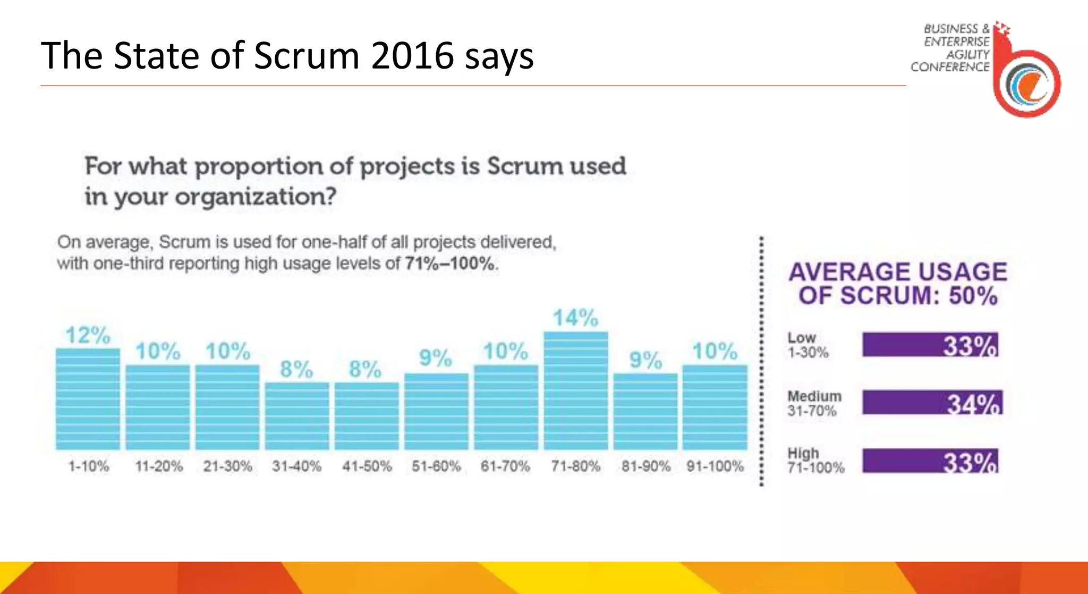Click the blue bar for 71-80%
point(576,391)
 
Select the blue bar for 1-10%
point(88,399)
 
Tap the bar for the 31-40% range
point(297,416)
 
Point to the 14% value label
point(575,318)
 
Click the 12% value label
point(88,335)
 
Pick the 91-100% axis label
point(715,466)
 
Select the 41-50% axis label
point(367,466)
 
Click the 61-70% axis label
point(505,466)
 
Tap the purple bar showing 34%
point(932,403)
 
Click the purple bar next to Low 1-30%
point(930,345)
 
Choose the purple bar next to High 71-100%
point(930,461)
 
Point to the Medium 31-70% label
point(814,404)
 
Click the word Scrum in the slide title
point(307,55)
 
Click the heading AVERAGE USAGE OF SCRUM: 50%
point(898,283)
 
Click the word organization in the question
point(255,197)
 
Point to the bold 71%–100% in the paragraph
point(450,264)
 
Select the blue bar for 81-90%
point(645,412)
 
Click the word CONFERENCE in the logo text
point(950,67)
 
